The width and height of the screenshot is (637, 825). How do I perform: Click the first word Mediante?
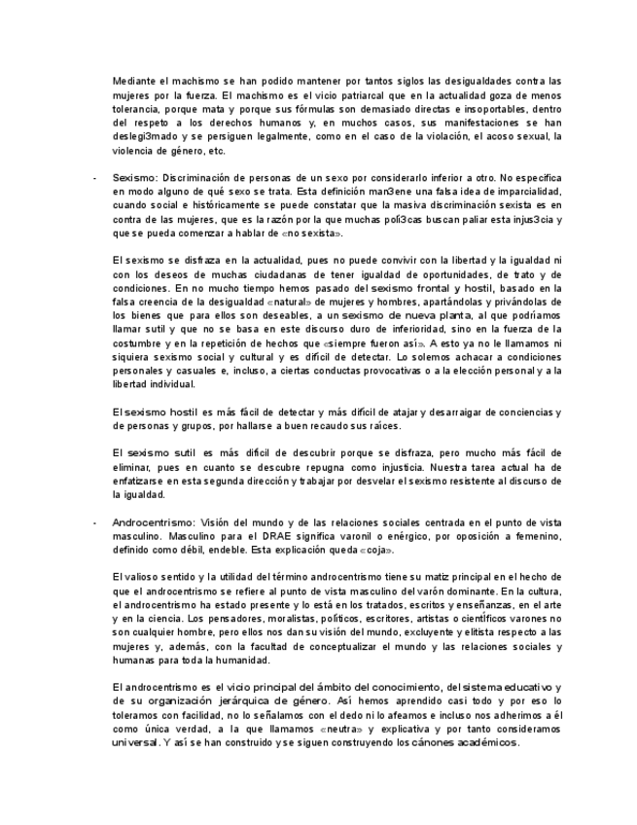(134, 81)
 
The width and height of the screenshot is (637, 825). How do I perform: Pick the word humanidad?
(239, 660)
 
